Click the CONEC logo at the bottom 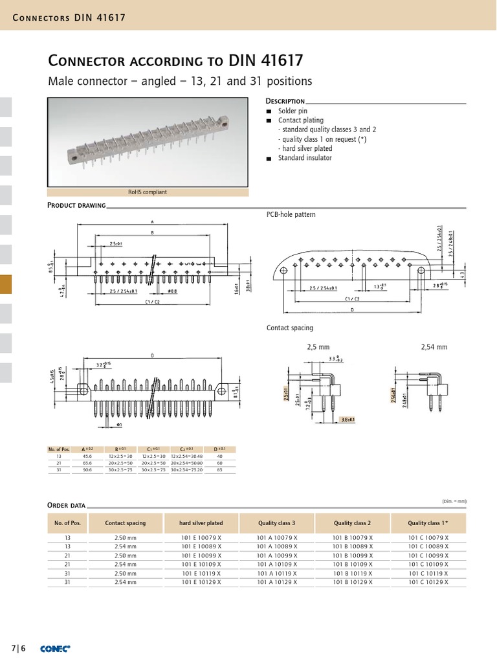click(55, 648)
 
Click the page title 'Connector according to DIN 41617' click(175, 61)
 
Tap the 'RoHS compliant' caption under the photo click(148, 192)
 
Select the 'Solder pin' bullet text click(292, 111)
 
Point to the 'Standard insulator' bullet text click(305, 158)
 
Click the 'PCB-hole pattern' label click(291, 214)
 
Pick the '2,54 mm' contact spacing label click(434, 347)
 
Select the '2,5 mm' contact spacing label click(318, 347)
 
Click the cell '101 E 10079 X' click(201, 537)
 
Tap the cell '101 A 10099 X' click(277, 556)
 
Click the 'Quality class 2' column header click(352, 523)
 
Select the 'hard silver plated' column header click(201, 523)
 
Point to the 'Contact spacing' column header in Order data click(126, 523)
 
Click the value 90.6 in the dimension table click(87, 471)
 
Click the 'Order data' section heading click(67, 505)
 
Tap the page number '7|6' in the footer click(17, 648)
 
